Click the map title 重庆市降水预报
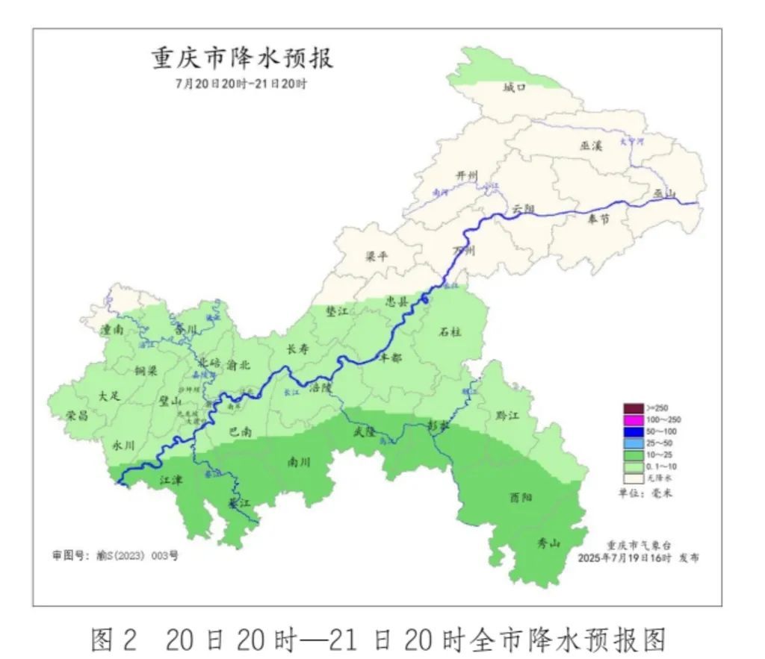coord(243,58)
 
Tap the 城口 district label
coord(514,87)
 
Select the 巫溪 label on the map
coord(591,147)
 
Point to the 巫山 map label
coord(664,194)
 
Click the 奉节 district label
coord(598,219)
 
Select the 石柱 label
coord(450,331)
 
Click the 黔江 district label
coord(507,415)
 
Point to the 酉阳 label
coord(521,496)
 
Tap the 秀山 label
coord(548,543)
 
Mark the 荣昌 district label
coord(77,416)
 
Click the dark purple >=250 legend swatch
coord(633,408)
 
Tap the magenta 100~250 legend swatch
coord(633,419)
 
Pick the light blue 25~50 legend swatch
coord(633,443)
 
